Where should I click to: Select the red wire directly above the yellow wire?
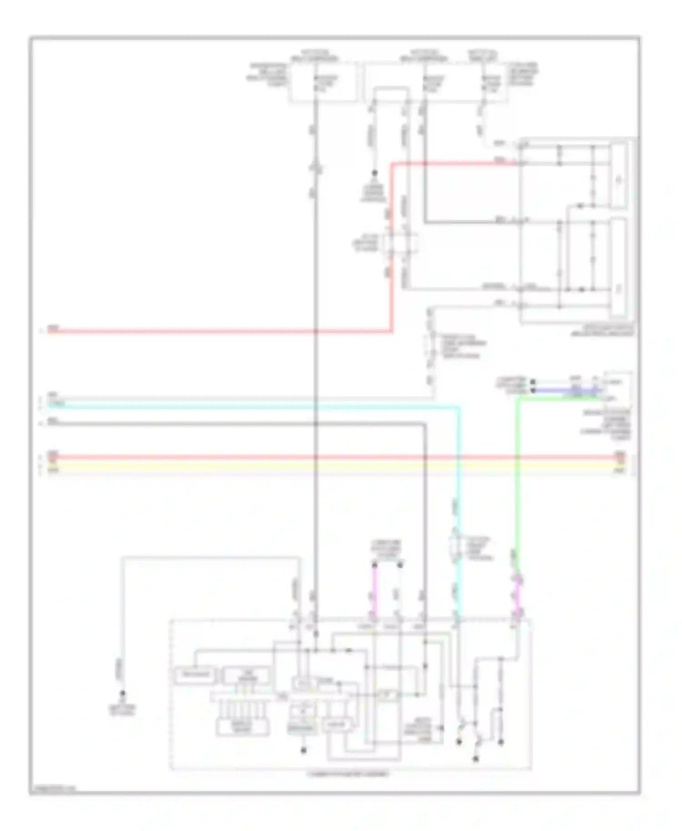coord(318,457)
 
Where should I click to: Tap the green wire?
coord(517,477)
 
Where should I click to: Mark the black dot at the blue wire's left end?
coord(533,390)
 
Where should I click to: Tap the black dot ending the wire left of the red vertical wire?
coord(375,173)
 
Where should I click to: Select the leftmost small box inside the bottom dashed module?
coord(195,675)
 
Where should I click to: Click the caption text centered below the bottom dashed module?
coord(348,774)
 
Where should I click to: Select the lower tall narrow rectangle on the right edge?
coord(618,267)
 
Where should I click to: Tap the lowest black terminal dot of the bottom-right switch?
coord(476,759)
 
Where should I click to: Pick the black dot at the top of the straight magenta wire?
coord(375,565)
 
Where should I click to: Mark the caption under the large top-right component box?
coord(602,330)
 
